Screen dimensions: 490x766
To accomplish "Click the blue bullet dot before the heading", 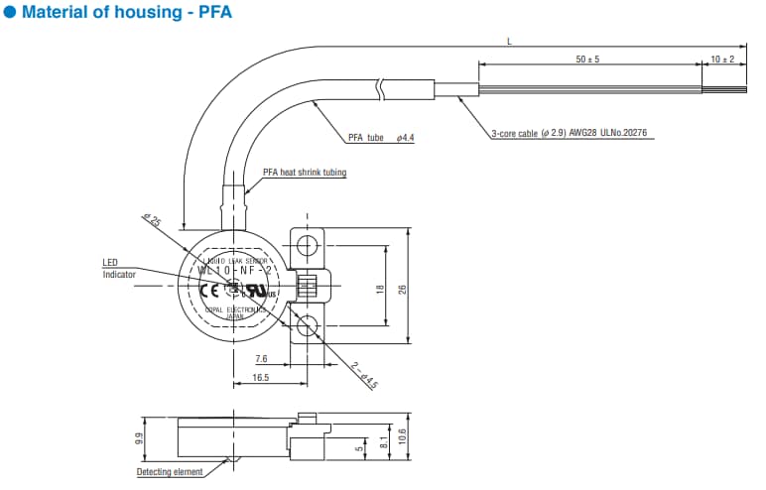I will point(11,14).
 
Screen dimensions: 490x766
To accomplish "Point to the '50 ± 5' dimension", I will point(588,60).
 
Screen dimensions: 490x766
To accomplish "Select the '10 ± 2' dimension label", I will point(722,60).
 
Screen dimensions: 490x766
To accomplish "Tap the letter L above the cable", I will point(509,42).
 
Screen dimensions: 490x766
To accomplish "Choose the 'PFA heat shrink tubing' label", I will point(305,172).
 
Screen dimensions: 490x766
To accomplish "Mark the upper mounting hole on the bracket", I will point(308,244).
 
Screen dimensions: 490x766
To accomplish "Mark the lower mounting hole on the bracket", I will point(308,323).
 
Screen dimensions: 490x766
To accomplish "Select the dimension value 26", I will point(403,289).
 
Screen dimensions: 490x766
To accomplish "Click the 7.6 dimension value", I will point(260,358).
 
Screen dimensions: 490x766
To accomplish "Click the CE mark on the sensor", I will point(210,291).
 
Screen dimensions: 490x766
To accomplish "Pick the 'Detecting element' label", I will point(170,471).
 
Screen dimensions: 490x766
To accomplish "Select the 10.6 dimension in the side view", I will point(403,437).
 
